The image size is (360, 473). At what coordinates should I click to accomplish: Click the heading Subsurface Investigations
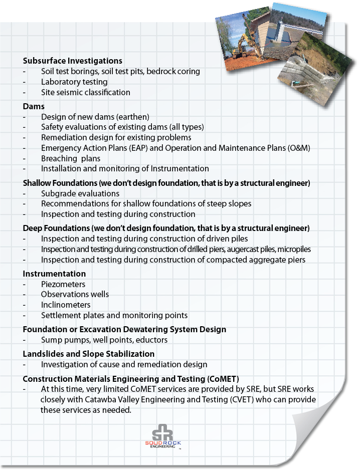coord(72,61)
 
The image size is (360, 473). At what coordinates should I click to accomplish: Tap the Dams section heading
coord(34,106)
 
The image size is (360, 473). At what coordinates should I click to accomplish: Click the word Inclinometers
coord(66,305)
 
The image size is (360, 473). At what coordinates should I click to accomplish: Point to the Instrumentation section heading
coord(54,274)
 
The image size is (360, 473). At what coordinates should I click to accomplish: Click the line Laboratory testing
coord(74,82)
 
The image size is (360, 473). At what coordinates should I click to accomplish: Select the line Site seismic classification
coord(85,92)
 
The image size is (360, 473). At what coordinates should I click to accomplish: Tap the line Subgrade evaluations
coord(80,193)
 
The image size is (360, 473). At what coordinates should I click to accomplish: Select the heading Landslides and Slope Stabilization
coord(88,354)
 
